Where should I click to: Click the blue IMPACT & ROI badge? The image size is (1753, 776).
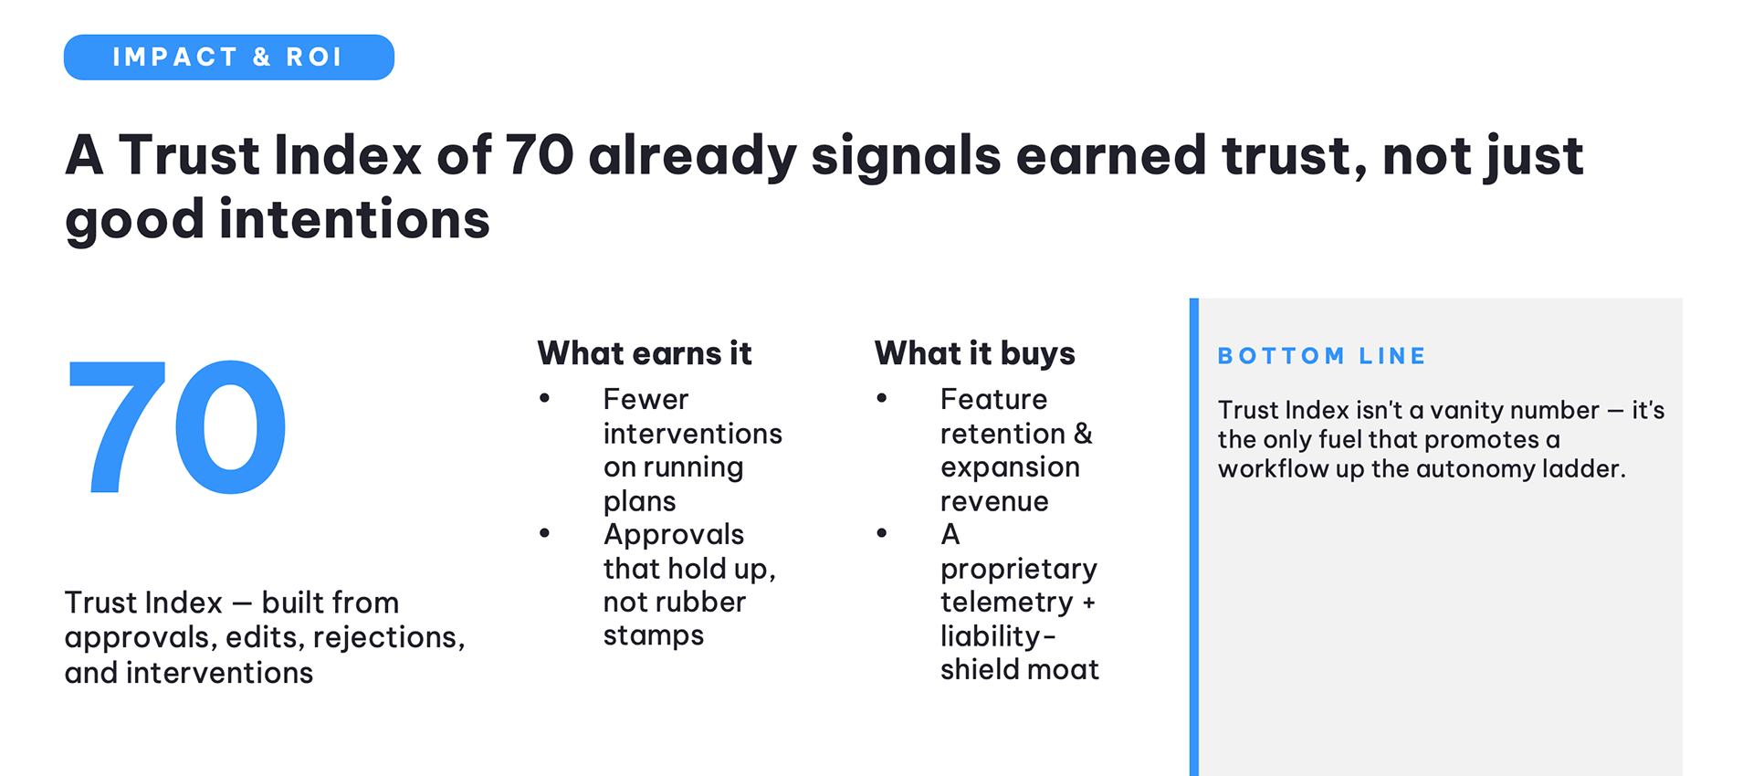[229, 58]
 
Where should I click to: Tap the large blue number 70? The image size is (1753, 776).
[177, 426]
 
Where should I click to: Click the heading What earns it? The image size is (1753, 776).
[645, 353]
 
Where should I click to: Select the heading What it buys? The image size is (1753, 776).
[975, 353]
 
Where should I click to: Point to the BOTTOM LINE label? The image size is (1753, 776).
[1322, 356]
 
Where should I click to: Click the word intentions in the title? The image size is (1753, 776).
[354, 220]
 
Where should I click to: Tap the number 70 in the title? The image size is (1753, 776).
[540, 154]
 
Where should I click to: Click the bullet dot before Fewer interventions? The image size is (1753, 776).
[545, 398]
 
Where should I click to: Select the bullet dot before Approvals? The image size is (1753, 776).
[545, 533]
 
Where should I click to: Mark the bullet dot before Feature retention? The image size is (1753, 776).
[882, 398]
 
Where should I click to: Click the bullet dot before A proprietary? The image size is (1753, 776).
[882, 533]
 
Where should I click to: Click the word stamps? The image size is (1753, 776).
[654, 636]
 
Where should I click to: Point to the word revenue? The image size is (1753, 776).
[994, 501]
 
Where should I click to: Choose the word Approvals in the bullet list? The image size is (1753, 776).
[674, 535]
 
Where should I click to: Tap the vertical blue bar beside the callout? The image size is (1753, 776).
[1194, 537]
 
